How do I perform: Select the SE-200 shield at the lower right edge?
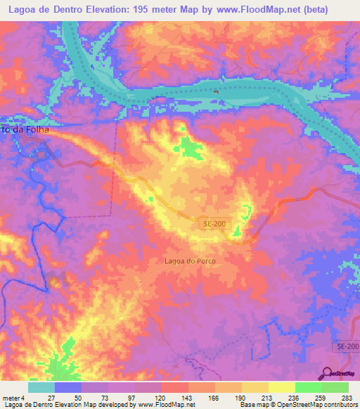[346, 348]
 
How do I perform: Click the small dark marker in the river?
[217, 91]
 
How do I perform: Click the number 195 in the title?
[150, 9]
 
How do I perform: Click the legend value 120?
[161, 397]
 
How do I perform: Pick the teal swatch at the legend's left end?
[41, 387]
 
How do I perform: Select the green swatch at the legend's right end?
[335, 387]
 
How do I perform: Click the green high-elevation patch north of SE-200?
[188, 148]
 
